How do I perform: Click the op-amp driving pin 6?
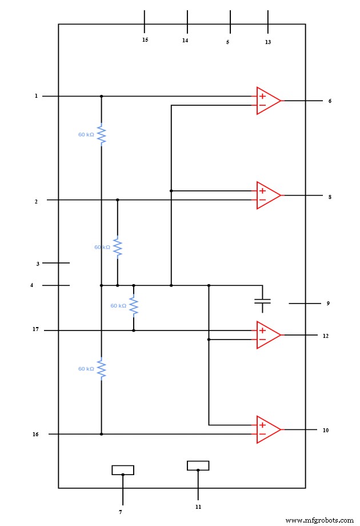(x=267, y=101)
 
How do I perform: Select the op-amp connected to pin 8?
(x=267, y=196)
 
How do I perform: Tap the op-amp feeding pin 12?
(x=267, y=335)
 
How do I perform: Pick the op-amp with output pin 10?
(x=267, y=429)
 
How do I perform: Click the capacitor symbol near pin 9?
(x=262, y=302)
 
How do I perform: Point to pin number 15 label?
(x=145, y=40)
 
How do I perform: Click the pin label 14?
(x=185, y=41)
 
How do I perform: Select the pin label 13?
(x=268, y=42)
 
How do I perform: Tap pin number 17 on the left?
(x=36, y=329)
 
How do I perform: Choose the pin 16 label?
(x=35, y=435)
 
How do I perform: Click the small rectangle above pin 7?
(x=123, y=470)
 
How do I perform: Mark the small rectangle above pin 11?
(x=198, y=465)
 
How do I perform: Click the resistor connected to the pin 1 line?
(x=101, y=135)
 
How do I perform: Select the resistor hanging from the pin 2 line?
(x=117, y=247)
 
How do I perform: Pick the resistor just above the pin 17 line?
(x=133, y=306)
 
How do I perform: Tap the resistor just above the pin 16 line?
(x=101, y=369)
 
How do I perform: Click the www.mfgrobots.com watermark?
(x=319, y=520)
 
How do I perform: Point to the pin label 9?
(x=328, y=304)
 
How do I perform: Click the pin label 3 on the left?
(x=38, y=264)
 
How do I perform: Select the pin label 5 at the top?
(x=227, y=42)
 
